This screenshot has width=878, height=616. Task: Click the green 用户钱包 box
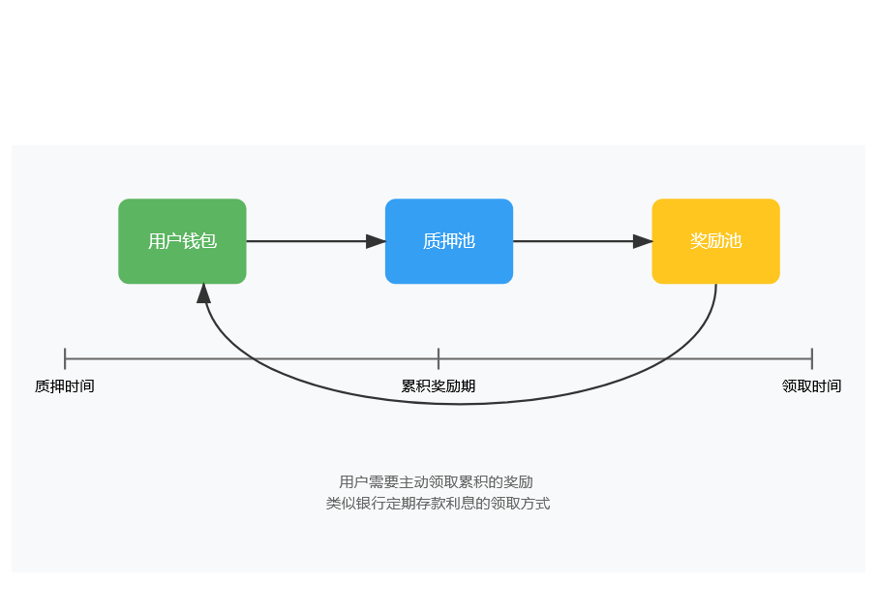(x=182, y=241)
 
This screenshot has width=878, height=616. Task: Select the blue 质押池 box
(x=449, y=241)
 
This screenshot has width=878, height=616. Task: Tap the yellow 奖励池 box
(x=715, y=241)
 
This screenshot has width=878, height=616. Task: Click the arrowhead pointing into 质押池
(x=376, y=241)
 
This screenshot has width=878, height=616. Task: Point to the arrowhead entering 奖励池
(x=643, y=241)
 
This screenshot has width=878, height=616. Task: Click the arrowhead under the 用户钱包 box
(x=204, y=293)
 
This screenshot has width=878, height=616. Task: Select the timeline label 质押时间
(x=65, y=385)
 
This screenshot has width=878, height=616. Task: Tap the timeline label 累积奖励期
(x=439, y=385)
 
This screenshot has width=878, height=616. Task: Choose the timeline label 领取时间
(x=812, y=385)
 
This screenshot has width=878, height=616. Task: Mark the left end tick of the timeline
(x=65, y=358)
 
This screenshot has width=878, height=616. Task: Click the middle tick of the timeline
(x=439, y=358)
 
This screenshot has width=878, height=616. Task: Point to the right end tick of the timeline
(x=812, y=358)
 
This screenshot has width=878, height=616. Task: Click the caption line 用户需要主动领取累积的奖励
(x=436, y=481)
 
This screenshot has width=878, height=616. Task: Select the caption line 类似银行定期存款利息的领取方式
(x=438, y=503)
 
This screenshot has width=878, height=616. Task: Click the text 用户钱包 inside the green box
(x=182, y=241)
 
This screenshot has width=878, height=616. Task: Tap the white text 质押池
(x=449, y=241)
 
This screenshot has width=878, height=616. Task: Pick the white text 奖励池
(x=715, y=241)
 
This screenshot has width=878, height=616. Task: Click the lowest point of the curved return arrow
(x=460, y=403)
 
